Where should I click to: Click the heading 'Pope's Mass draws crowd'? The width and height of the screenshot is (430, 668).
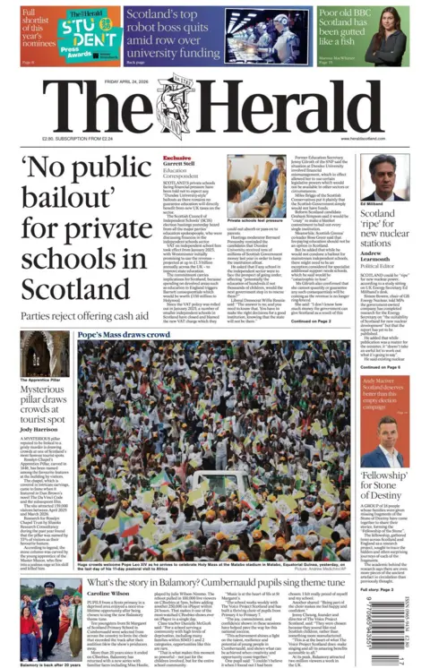(x=125, y=334)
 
